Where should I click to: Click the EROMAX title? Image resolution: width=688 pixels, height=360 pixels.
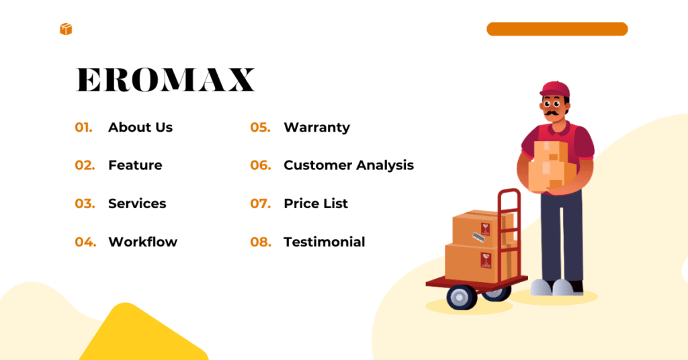pos(165,80)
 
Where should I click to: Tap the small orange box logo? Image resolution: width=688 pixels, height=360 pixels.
pos(65,29)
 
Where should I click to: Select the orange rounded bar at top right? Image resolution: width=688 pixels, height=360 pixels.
pos(556,29)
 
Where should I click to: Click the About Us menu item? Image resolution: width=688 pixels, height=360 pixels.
pos(140,127)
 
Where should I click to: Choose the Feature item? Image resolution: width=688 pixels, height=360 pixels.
pos(135,165)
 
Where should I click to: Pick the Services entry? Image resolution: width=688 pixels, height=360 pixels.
pos(137,204)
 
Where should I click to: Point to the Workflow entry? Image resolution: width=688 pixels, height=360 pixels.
pos(142,242)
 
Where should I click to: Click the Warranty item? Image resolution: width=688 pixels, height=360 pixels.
pos(316,127)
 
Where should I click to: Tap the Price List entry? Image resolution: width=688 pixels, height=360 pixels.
pos(316,204)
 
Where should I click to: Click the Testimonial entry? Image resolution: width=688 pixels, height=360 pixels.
pos(324,242)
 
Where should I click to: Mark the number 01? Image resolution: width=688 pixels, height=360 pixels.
pos(83,127)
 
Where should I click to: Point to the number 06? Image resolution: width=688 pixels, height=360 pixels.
pos(260,165)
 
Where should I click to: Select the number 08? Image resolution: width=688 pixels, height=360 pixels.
pos(260,242)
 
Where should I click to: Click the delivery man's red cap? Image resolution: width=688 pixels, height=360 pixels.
pos(554,89)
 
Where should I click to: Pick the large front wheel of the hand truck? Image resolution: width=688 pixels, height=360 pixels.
pos(462,296)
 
